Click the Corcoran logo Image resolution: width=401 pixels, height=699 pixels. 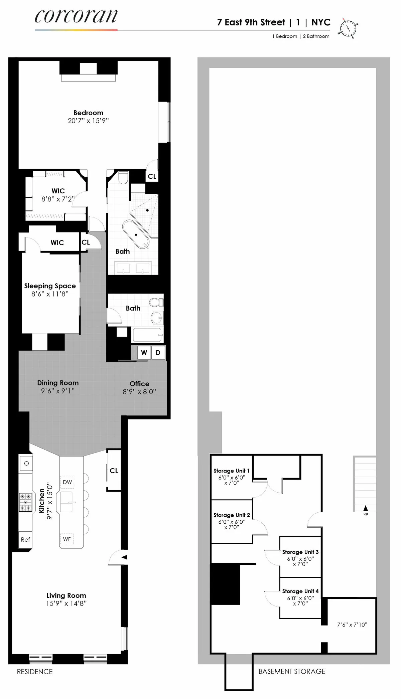click(x=76, y=17)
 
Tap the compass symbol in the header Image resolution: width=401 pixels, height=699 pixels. click(x=349, y=28)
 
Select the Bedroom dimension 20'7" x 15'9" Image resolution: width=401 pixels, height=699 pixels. click(x=88, y=121)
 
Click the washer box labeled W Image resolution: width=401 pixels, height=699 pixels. click(x=144, y=353)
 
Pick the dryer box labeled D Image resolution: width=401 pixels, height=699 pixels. click(x=158, y=353)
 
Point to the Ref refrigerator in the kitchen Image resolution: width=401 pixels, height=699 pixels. click(x=25, y=539)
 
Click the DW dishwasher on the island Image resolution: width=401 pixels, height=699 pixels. click(x=67, y=482)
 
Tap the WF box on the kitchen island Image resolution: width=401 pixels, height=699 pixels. click(x=67, y=539)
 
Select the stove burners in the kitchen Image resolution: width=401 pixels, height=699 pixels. click(x=26, y=503)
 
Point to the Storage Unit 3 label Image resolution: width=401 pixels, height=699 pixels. click(x=300, y=552)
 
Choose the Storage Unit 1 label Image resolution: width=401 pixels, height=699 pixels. click(x=231, y=471)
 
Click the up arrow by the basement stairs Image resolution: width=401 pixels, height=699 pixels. click(x=365, y=508)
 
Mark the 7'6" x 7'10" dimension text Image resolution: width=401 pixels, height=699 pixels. click(x=352, y=625)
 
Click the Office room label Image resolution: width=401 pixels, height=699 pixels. click(x=139, y=383)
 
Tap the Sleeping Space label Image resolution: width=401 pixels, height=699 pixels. click(x=50, y=286)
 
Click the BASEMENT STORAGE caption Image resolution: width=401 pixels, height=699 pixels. click(x=292, y=671)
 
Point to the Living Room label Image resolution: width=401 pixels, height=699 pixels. click(x=66, y=595)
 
